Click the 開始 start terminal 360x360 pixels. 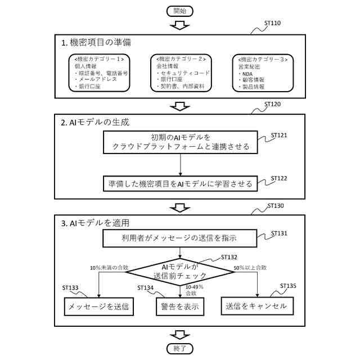(x=179, y=11)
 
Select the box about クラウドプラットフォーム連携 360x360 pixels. (x=180, y=142)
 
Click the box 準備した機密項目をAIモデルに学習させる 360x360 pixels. (x=180, y=183)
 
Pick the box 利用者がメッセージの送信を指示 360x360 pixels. (x=180, y=238)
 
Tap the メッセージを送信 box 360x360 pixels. (x=98, y=307)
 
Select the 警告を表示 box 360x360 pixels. (x=180, y=307)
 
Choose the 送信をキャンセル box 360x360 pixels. (x=256, y=307)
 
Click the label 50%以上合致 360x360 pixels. (x=250, y=268)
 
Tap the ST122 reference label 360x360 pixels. (x=279, y=178)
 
